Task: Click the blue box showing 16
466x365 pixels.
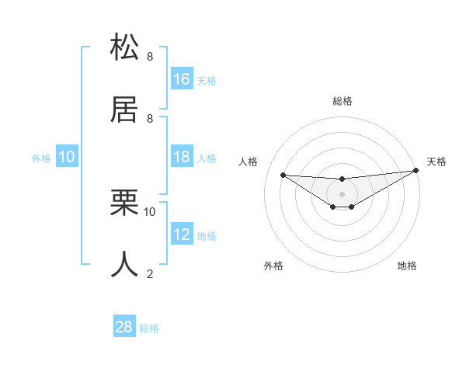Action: [x=182, y=78]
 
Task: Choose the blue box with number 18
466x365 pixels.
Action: [x=182, y=157]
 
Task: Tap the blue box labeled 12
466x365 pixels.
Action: [x=182, y=235]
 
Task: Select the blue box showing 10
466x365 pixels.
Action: [x=67, y=157]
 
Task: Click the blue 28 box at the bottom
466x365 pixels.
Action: [x=123, y=327]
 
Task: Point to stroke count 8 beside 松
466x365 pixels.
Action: [x=150, y=57]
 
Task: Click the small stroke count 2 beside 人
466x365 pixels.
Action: [x=150, y=273]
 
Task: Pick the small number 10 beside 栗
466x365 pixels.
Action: [x=150, y=211]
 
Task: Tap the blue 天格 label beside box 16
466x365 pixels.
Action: [x=207, y=80]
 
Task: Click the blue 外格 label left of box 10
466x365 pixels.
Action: [x=41, y=158]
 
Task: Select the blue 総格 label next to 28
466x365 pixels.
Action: [x=149, y=328]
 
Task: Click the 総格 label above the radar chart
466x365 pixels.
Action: [x=343, y=101]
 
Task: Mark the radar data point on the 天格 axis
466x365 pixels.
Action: [x=416, y=171]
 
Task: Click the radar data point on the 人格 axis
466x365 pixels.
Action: [x=283, y=175]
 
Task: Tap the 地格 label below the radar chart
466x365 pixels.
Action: [x=407, y=266]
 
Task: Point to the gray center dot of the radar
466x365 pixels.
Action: [x=342, y=193]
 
